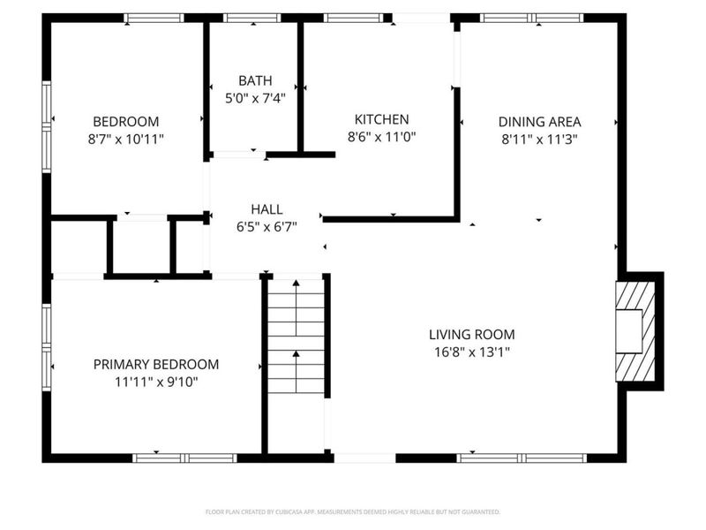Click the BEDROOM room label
126,122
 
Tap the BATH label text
253,80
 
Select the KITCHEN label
381,119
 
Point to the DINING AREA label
539,122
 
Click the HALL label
267,209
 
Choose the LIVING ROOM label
471,335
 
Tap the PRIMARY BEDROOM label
156,364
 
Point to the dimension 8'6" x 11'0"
381,137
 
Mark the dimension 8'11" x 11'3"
539,139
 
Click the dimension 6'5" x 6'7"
267,226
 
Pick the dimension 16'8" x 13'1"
471,352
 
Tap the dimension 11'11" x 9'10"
156,382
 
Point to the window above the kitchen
353,18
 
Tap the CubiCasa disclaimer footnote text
353,511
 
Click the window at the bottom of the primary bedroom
184,458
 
